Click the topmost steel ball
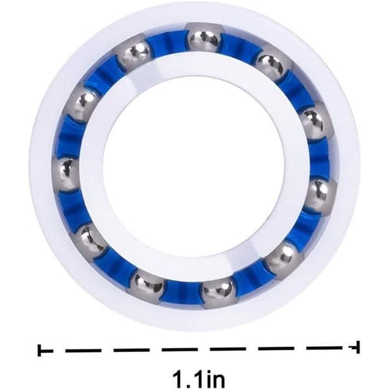click(204, 38)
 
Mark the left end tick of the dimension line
click(40, 350)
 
